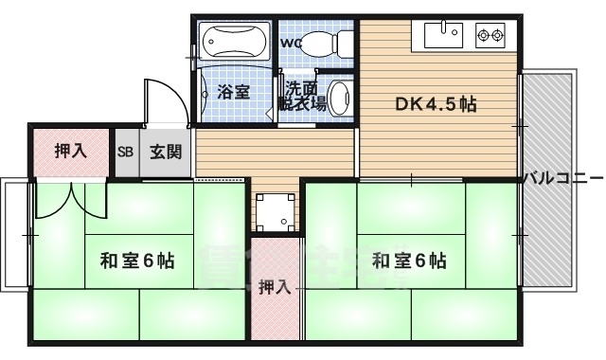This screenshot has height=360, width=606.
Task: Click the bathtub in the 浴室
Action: click(x=236, y=42)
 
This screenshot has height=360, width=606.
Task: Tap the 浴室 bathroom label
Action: click(x=233, y=92)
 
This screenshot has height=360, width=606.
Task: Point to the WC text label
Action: click(x=290, y=43)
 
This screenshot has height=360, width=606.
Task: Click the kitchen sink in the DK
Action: click(x=440, y=37)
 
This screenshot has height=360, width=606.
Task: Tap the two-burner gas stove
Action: click(x=490, y=37)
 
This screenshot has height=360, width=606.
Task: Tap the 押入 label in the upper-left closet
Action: click(x=69, y=151)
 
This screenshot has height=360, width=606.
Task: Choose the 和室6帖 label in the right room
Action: click(x=409, y=260)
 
